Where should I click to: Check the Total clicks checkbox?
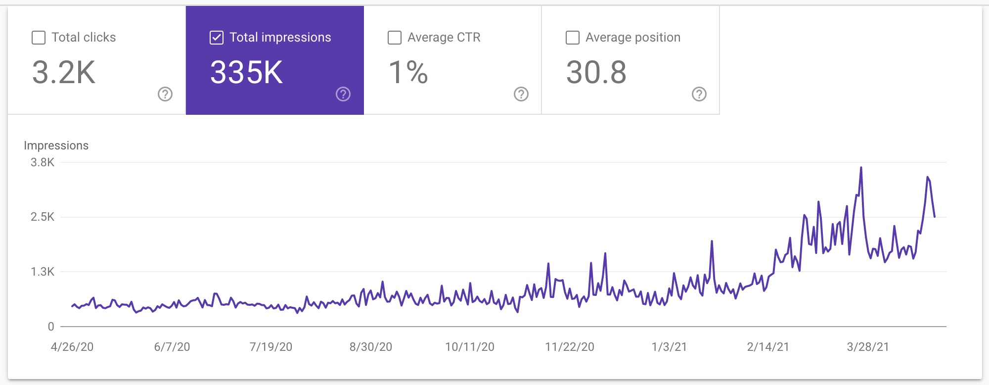(x=39, y=38)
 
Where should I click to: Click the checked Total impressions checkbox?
(x=217, y=38)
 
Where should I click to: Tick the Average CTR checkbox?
(x=395, y=38)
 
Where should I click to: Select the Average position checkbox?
(x=573, y=38)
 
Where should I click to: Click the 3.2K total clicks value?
(x=64, y=72)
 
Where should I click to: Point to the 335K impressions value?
(x=246, y=72)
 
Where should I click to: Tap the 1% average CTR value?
(x=408, y=72)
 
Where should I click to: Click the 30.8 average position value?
(x=596, y=72)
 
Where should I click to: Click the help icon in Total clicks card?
(x=165, y=94)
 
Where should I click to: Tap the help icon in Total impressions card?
(x=343, y=94)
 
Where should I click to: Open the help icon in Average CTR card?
(x=521, y=94)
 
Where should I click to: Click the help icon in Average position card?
(x=699, y=94)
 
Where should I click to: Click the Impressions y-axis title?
(x=56, y=145)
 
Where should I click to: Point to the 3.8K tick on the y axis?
(x=43, y=162)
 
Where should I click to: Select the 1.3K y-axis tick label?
(x=43, y=272)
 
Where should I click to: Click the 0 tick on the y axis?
(x=51, y=327)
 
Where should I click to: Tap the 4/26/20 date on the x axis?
(x=72, y=347)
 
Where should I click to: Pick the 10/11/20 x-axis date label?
(x=470, y=347)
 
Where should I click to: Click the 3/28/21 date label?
(x=868, y=347)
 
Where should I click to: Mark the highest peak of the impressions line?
(x=861, y=168)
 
